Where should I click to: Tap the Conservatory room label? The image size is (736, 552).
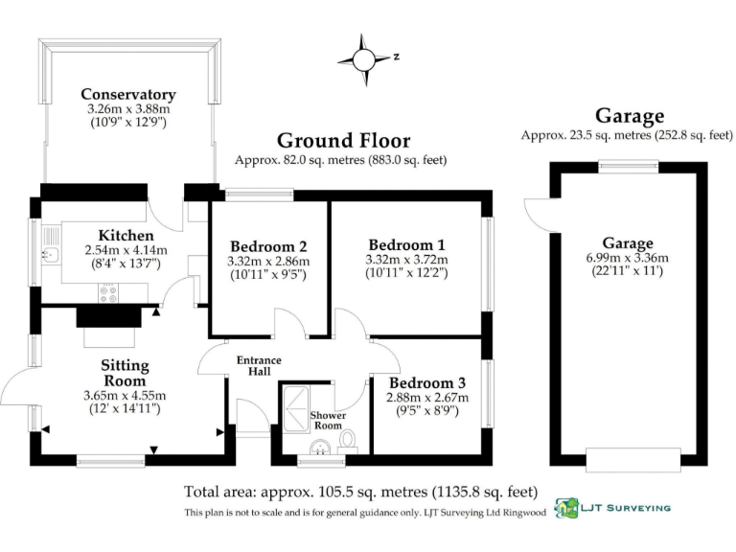tap(127, 94)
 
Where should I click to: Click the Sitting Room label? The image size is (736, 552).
tap(125, 373)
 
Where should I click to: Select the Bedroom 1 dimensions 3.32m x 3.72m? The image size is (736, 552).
tap(407, 260)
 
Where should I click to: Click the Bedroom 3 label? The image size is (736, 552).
tap(426, 380)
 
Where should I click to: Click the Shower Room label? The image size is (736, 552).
tap(327, 420)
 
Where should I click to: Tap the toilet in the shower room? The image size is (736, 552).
tap(347, 440)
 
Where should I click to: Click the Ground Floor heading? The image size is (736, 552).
tap(343, 141)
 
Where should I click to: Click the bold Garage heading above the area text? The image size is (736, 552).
tap(629, 116)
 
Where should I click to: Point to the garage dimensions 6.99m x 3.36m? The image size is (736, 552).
tap(628, 259)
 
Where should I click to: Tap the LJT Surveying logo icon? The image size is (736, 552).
tap(567, 508)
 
